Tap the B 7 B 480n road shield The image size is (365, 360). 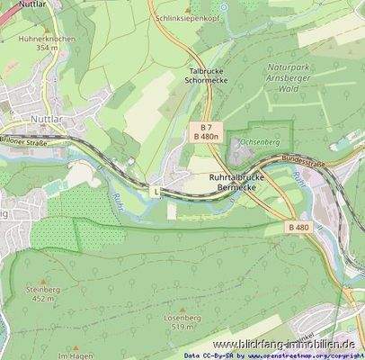pos(206,131)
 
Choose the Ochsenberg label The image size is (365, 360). pos(262,142)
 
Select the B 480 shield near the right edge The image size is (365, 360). pos(299,227)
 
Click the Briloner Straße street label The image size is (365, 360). pos(24,141)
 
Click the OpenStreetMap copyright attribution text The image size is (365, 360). pos(270,355)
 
